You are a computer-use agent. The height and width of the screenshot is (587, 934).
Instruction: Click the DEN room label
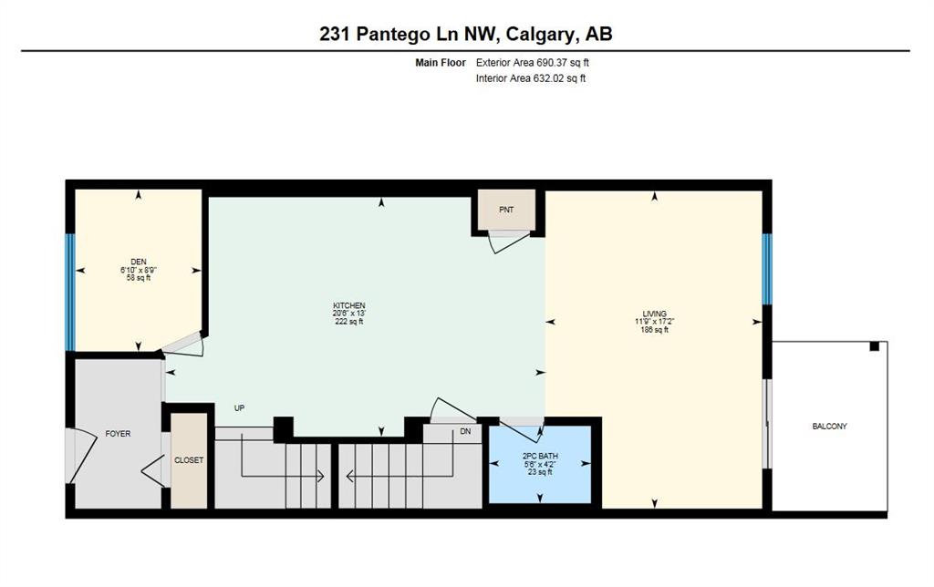tap(139, 262)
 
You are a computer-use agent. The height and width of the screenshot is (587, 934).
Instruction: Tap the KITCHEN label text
tap(349, 305)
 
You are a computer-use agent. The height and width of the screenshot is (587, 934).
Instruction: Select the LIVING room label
tap(655, 314)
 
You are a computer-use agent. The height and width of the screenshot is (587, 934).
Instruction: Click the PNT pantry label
tap(506, 210)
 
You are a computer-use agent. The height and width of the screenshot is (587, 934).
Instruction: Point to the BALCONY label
tap(829, 427)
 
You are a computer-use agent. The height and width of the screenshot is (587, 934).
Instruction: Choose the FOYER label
tap(118, 434)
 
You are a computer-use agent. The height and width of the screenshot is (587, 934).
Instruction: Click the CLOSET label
tap(189, 460)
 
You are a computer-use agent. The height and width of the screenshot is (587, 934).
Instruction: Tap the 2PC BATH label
tap(540, 457)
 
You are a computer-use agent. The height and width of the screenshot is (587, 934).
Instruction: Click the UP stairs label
tap(240, 408)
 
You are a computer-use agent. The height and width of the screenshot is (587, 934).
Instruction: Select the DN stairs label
tap(465, 431)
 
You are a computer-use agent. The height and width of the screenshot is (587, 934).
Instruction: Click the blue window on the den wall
tap(70, 293)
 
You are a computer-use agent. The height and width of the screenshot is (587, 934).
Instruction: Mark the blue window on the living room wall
tap(767, 269)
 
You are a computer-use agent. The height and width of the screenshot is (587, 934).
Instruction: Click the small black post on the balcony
tap(875, 345)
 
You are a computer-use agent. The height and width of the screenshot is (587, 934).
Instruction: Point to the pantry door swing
tap(507, 242)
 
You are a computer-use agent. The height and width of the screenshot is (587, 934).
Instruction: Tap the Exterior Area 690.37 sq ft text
tap(533, 63)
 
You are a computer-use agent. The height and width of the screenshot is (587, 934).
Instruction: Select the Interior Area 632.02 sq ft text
tap(531, 78)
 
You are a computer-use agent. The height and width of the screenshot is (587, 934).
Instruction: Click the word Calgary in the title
tap(541, 34)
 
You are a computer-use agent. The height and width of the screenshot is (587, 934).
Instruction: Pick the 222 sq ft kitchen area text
tap(349, 322)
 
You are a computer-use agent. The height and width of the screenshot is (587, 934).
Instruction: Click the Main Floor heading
tap(441, 63)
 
